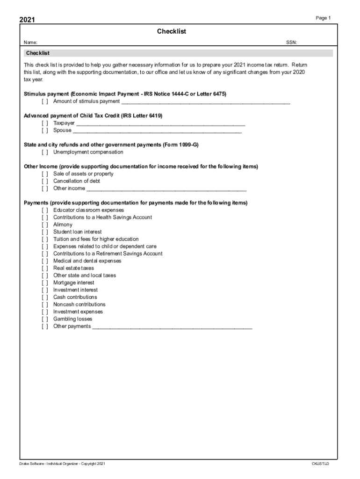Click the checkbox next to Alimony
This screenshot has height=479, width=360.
(x=44, y=225)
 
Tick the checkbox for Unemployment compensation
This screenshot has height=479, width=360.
(x=44, y=152)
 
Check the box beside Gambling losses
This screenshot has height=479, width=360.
(x=44, y=319)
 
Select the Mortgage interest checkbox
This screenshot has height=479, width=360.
(x=44, y=283)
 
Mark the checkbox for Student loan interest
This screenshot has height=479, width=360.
(x=44, y=232)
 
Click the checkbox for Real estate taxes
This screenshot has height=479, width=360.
(x=44, y=268)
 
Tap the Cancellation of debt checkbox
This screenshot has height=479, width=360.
(x=44, y=181)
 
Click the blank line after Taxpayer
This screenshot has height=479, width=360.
(x=160, y=123)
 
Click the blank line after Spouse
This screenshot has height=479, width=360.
(x=157, y=131)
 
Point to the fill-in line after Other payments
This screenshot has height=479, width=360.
(x=172, y=327)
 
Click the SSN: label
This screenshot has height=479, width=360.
(x=291, y=43)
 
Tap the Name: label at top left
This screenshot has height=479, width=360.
(x=31, y=43)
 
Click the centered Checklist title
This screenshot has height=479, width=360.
(x=172, y=31)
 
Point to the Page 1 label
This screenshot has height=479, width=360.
(x=323, y=18)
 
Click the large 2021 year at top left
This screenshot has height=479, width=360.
(x=27, y=20)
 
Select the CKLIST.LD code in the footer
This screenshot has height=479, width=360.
(x=321, y=464)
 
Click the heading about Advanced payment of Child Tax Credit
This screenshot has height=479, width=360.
(x=93, y=116)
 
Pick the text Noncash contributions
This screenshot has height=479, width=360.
(x=79, y=305)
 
